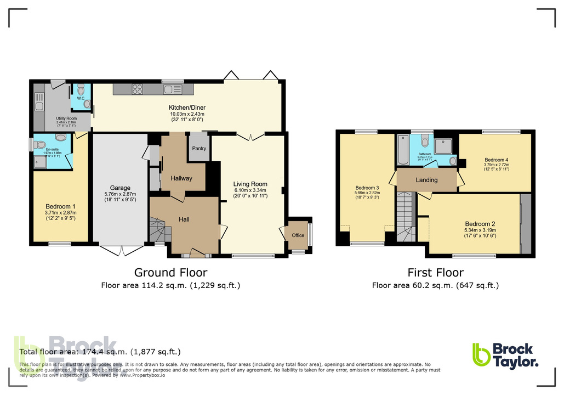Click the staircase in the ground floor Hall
158,229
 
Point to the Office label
298,235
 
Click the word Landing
426,180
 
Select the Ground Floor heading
171,273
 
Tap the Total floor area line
100,352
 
